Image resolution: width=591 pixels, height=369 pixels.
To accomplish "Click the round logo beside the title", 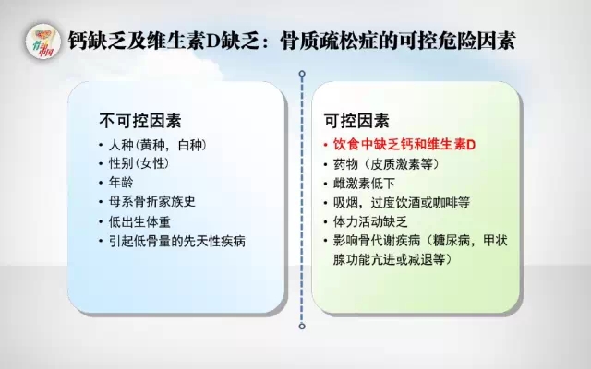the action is pyautogui.click(x=43, y=42).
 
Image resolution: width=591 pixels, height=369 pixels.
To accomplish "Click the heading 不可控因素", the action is pyautogui.click(x=140, y=121).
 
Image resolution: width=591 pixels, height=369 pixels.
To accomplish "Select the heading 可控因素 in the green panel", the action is pyautogui.click(x=356, y=121).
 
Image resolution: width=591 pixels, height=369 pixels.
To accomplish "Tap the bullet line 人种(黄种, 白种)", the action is pyautogui.click(x=158, y=145).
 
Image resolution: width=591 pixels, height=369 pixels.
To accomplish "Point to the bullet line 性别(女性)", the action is pyautogui.click(x=139, y=163).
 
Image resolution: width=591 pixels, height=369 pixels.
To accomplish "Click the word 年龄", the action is pyautogui.click(x=121, y=183).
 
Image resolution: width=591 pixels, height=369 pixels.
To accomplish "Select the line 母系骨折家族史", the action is pyautogui.click(x=151, y=201).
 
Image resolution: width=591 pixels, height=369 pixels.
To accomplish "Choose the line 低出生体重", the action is pyautogui.click(x=139, y=221).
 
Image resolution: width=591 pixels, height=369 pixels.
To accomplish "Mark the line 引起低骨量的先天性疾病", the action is pyautogui.click(x=176, y=241).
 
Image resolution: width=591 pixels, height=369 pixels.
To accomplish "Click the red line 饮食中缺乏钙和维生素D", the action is pyautogui.click(x=404, y=145).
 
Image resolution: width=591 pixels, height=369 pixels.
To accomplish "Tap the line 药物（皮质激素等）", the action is pyautogui.click(x=387, y=164).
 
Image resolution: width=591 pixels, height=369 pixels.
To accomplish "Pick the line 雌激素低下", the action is pyautogui.click(x=364, y=184).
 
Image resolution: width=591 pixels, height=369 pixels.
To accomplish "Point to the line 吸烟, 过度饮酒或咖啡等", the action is pyautogui.click(x=402, y=203).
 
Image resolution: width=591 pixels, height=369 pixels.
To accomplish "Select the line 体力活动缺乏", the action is pyautogui.click(x=370, y=221).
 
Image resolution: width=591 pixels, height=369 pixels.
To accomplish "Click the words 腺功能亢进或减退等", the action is pyautogui.click(x=392, y=259).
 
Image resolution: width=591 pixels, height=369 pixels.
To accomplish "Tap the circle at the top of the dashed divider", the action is pyautogui.click(x=302, y=74).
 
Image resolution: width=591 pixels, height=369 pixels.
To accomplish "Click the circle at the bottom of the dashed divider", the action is pyautogui.click(x=302, y=326).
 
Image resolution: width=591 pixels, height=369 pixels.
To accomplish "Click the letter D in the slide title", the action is pyautogui.click(x=212, y=42).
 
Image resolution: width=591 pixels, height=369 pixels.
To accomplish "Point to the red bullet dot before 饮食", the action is pyautogui.click(x=326, y=145).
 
